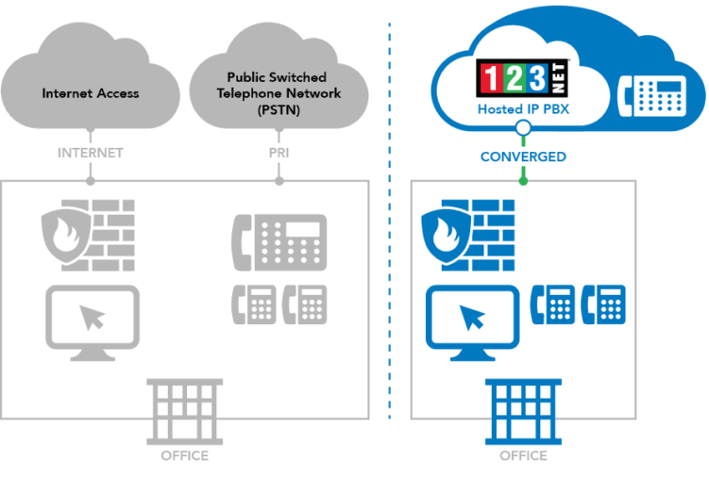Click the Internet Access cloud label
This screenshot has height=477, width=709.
[x=91, y=93]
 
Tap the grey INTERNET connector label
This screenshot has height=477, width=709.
[x=91, y=153]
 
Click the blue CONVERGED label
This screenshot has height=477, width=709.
[x=523, y=156]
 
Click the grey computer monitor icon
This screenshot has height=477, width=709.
[x=92, y=321]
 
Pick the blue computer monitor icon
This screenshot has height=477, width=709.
[x=472, y=321]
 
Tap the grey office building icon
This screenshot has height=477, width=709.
[x=185, y=410]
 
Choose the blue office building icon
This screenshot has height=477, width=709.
[x=523, y=410]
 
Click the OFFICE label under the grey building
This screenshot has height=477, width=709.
[x=185, y=456]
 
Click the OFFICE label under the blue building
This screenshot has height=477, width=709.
[x=523, y=456]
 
